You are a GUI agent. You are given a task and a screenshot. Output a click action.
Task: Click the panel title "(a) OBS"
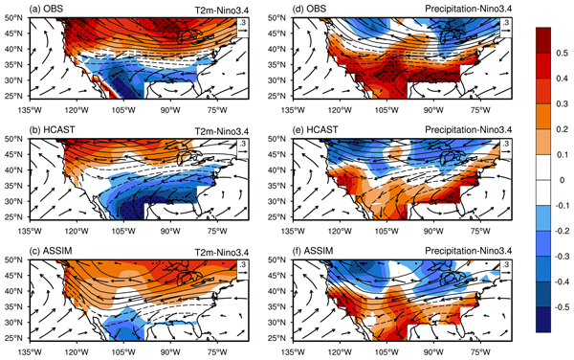[46, 9]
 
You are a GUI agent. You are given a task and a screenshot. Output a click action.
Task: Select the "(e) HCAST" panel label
[315, 129]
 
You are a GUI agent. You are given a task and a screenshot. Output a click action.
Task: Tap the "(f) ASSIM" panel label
[313, 251]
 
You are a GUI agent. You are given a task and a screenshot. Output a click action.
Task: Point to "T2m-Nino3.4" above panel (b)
[222, 130]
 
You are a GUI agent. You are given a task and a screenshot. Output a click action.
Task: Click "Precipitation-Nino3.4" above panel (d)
[469, 10]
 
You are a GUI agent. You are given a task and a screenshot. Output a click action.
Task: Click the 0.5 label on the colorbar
[563, 53]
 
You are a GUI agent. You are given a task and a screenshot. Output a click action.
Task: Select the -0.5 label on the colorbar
[561, 307]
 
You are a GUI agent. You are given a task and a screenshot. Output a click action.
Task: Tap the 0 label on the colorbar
[563, 180]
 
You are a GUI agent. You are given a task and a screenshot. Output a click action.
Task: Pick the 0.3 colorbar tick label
[563, 104]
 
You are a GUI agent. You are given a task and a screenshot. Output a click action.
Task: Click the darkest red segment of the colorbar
[543, 40]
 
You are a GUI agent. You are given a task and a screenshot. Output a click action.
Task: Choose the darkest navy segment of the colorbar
[543, 320]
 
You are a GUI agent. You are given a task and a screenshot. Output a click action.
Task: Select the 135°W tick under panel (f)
[294, 352]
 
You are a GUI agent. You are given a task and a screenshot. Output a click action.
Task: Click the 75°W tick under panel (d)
[480, 110]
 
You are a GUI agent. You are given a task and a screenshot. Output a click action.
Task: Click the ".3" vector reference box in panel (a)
[243, 27]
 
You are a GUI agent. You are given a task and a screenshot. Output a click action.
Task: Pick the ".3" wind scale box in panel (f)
[506, 269]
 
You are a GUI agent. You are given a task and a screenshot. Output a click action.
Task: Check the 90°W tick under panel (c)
[170, 352]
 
